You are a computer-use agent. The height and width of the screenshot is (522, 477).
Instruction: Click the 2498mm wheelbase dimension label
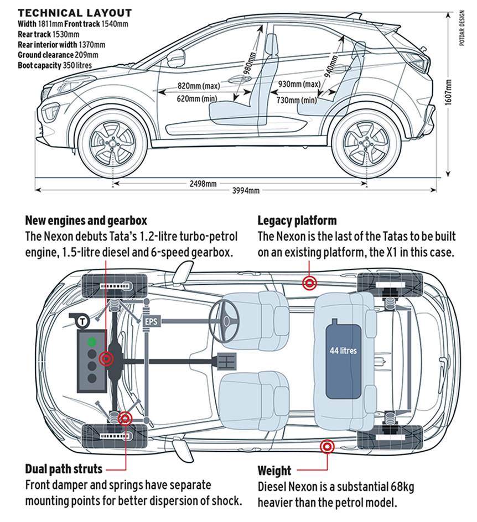(203, 184)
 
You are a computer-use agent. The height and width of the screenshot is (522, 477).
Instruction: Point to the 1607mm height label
(448, 92)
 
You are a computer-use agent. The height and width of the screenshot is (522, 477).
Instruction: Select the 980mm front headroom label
(250, 63)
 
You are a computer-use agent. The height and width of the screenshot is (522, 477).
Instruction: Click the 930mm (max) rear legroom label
(299, 84)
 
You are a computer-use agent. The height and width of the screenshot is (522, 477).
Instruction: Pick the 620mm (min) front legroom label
(197, 98)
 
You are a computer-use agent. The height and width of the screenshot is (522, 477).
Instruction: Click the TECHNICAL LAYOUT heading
(75, 13)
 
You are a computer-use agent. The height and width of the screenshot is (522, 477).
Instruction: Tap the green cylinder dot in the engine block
(92, 342)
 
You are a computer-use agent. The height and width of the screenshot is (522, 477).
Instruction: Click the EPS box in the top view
(151, 322)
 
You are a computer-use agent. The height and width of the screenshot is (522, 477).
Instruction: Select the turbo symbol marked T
(81, 321)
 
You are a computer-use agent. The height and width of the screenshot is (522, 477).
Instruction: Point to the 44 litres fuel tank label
(343, 351)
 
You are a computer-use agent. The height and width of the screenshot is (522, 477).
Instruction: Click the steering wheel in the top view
(224, 320)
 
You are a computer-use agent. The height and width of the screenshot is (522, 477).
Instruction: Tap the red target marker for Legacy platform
(309, 283)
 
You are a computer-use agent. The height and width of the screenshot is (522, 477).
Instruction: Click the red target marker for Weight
(327, 447)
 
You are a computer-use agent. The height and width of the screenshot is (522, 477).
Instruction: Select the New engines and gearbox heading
(86, 221)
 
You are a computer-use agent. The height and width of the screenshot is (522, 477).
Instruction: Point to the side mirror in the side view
(175, 59)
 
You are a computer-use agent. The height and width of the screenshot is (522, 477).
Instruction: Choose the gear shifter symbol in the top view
(226, 361)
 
